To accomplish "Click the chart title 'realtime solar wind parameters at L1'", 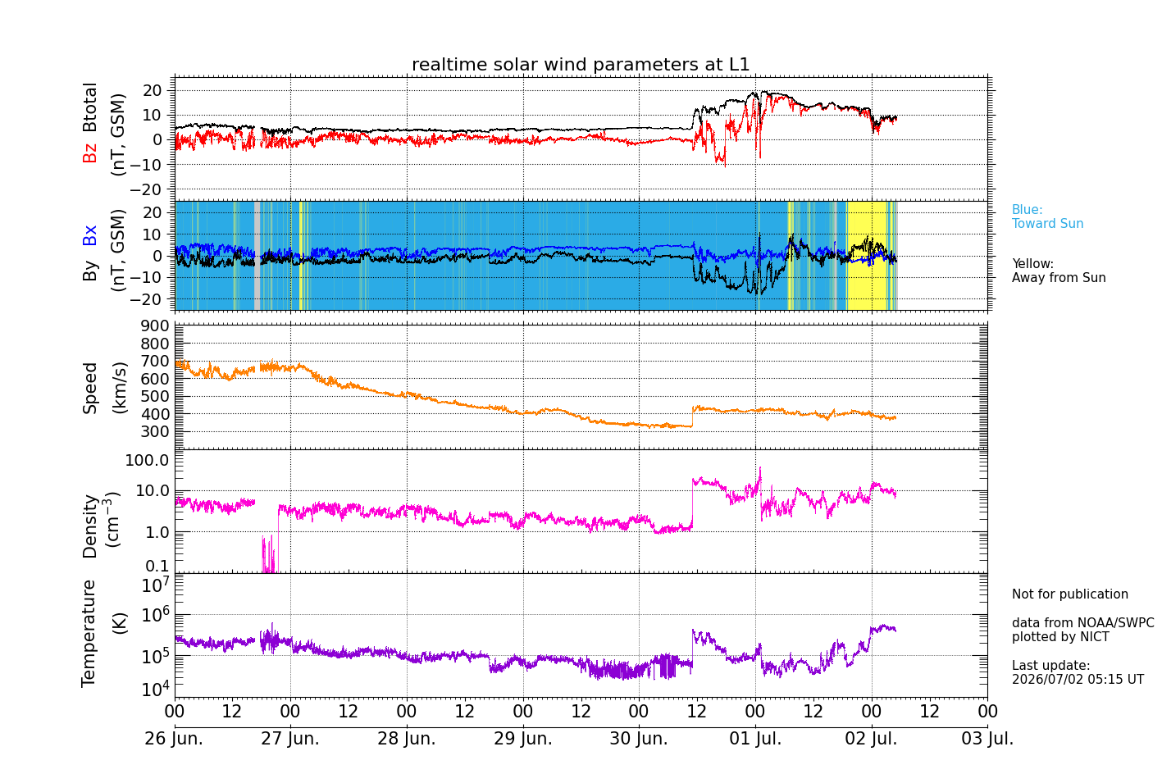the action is (581, 64).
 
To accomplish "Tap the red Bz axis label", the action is (89, 151).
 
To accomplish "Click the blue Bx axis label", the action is (89, 235).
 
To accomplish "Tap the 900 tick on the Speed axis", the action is (155, 326).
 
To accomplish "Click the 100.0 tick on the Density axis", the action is (148, 460).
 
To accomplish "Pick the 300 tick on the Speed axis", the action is (155, 431).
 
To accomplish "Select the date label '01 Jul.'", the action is (755, 738).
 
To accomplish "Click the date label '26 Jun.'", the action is (174, 738).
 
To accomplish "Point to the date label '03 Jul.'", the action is (987, 738).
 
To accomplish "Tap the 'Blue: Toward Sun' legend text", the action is (1047, 216).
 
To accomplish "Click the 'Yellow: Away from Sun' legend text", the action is (1059, 271).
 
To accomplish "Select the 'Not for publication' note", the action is (1069, 594).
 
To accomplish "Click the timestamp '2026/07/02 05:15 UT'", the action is (1078, 679).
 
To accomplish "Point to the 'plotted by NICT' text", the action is (1060, 636).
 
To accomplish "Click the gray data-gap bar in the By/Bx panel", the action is (257, 256).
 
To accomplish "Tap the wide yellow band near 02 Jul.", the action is (866, 256).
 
